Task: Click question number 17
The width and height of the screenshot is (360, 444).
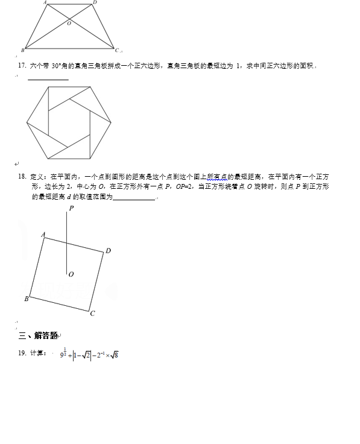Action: coord(22,65)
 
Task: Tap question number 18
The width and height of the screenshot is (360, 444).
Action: coord(22,177)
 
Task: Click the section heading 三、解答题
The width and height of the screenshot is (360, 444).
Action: coord(38,335)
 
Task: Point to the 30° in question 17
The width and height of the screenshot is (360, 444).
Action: coord(58,65)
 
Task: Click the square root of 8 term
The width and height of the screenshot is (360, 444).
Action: coord(113,355)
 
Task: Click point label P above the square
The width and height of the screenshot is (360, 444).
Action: coord(71,208)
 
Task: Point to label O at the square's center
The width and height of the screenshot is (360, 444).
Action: coord(71,274)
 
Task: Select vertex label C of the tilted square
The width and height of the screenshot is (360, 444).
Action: coord(92,313)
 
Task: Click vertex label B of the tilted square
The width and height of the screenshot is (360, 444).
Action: coord(27,299)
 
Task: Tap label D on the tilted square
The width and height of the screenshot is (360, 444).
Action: coord(108,250)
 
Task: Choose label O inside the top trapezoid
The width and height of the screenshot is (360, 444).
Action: coord(69,23)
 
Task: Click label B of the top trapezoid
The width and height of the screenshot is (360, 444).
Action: coord(22,49)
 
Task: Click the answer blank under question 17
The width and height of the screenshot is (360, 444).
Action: coord(48,79)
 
